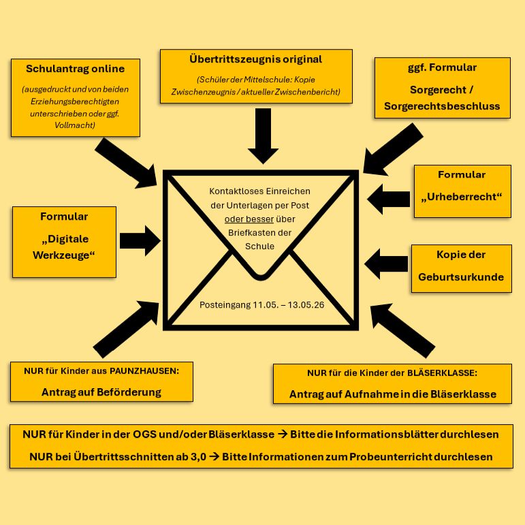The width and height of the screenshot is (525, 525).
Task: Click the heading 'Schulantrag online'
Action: click(x=75, y=69)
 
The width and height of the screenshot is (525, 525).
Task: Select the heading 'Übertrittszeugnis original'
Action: click(x=255, y=59)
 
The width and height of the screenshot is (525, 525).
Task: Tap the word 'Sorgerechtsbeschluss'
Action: click(x=442, y=106)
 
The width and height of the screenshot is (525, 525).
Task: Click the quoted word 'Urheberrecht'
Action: click(x=462, y=197)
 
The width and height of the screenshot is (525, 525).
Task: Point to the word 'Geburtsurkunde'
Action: click(x=461, y=277)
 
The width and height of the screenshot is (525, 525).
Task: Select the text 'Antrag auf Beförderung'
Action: click(x=101, y=392)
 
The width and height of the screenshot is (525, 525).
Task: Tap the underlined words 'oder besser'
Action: click(x=249, y=219)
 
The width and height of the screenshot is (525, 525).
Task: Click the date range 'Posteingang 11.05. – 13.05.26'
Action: click(x=261, y=304)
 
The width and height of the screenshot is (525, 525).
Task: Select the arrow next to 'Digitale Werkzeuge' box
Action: click(x=139, y=240)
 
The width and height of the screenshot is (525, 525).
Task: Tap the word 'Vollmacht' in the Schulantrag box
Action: click(x=76, y=126)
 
